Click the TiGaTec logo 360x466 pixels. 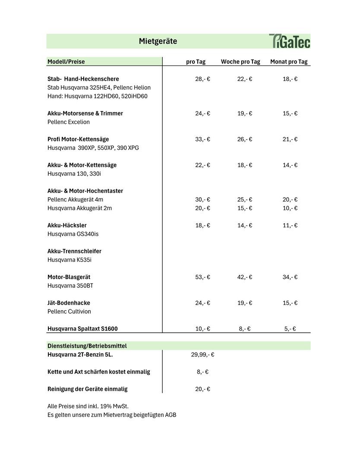pos(289,41)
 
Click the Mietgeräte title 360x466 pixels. pos(158,41)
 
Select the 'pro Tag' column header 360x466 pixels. pos(196,62)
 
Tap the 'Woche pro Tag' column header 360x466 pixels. pos(240,62)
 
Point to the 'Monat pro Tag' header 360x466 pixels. pos(289,62)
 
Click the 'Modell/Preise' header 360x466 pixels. pos(66,62)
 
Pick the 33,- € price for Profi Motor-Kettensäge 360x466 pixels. pos(202,139)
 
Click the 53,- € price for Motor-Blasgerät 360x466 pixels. pos(202,277)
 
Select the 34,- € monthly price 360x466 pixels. pos(290,277)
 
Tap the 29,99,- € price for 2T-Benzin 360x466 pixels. pos(202,355)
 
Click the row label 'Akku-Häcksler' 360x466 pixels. pos(67,225)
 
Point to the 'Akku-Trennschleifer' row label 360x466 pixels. pos(74,251)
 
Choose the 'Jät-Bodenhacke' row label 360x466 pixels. pos(69,303)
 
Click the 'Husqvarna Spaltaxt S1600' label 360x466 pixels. pos(82,329)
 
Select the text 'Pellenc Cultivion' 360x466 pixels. pos(69,312)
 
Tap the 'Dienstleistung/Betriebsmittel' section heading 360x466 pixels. pos(87,346)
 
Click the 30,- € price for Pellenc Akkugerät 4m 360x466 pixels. pos(202,200)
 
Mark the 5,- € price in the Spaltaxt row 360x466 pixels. pos(290,329)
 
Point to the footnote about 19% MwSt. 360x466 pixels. pos(88,406)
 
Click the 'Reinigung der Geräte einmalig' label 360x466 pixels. pos(87,389)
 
